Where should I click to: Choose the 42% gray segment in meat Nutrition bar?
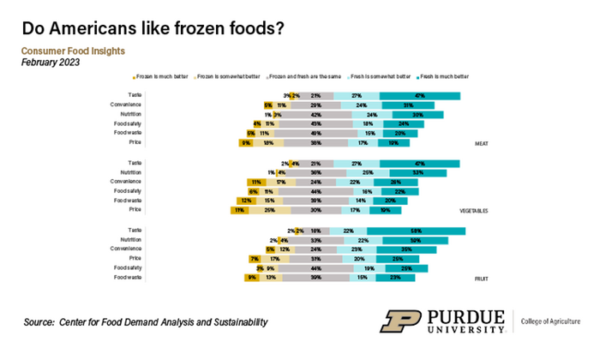pos(315,114)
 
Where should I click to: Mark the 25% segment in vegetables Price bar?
pos(269,210)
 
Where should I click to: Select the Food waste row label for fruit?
pos(129,278)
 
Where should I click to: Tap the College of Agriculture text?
pos(549,321)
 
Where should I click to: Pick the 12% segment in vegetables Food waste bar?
pos(245,201)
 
